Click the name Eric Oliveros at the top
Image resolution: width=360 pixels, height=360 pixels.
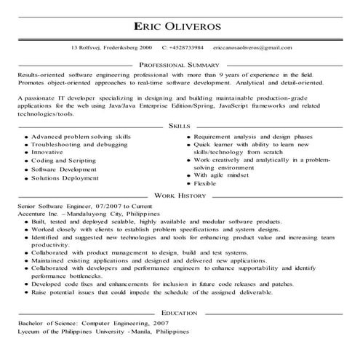180,25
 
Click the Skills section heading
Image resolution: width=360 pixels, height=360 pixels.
179,125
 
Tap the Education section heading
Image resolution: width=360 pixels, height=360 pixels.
180,312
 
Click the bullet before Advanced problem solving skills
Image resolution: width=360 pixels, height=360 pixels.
25,137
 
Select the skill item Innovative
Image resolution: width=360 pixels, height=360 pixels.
47,153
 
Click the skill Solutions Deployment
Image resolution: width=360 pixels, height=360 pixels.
65,177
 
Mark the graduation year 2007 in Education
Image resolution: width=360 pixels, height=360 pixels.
160,322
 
